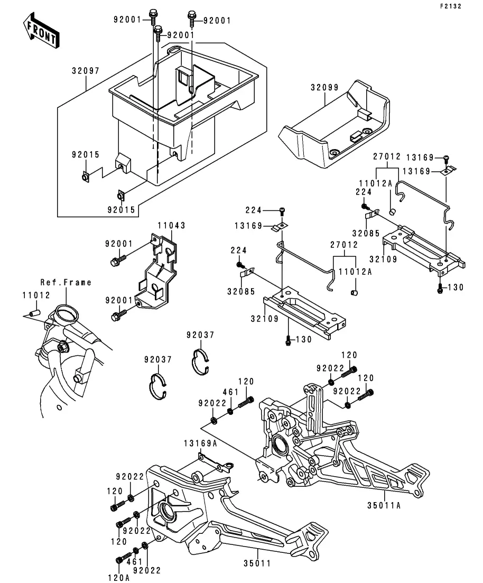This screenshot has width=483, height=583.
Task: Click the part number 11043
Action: [172, 226]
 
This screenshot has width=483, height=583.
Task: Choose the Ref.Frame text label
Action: [66, 283]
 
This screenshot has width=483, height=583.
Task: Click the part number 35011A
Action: [384, 505]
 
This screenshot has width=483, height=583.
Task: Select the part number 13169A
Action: [200, 443]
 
